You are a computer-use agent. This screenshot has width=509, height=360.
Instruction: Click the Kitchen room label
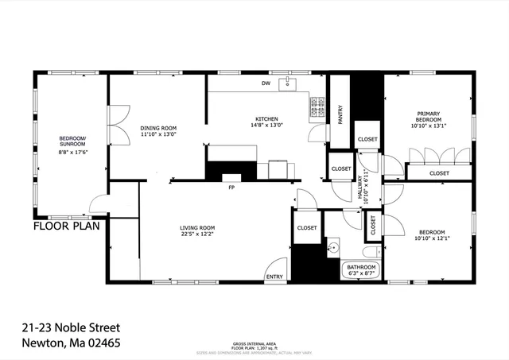(266, 118)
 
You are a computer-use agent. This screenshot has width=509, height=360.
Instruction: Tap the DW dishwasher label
(266, 84)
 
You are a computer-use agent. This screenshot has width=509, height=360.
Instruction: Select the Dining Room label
(158, 128)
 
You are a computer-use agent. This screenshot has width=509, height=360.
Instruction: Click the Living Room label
(196, 228)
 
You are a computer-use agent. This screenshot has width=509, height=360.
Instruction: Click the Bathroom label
(361, 267)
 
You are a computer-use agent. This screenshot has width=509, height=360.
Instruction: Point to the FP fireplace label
(231, 188)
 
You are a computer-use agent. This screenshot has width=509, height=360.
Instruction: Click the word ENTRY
(274, 277)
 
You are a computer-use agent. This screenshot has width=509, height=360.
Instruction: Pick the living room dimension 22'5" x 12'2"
(196, 235)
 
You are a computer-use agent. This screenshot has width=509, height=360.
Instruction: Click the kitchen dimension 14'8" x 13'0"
(266, 125)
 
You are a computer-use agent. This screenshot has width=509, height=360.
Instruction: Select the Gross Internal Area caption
(254, 334)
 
